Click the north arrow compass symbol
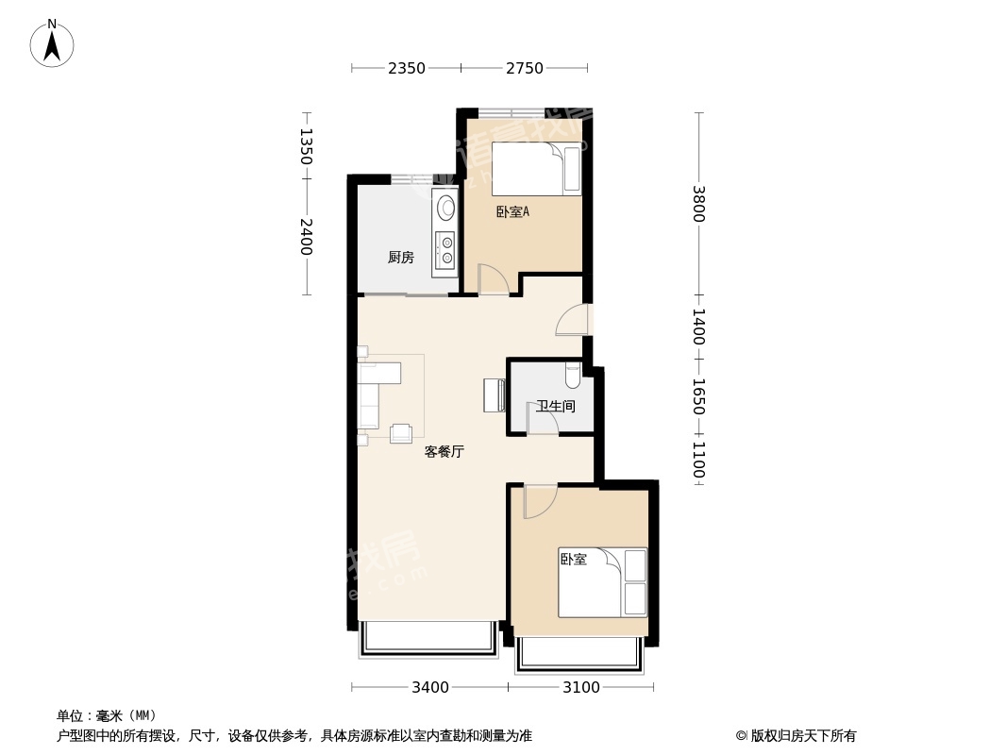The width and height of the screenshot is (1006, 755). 52,43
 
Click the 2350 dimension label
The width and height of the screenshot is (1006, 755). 406,68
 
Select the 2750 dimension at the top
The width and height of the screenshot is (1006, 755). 524,68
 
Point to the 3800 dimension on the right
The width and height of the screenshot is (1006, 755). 698,203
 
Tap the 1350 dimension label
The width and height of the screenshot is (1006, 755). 306,146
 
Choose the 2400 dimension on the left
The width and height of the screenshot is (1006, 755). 306,237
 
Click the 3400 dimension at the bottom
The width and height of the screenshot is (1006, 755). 429,688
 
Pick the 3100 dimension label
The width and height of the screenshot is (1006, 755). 580,688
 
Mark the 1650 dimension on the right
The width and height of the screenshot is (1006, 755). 698,396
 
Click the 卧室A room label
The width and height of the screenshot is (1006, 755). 512,211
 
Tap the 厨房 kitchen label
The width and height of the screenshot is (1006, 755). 401,258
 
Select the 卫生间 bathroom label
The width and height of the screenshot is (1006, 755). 556,406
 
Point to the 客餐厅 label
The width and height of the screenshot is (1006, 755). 444,452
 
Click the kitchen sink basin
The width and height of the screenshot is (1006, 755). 445,208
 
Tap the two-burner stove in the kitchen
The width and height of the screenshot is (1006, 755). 445,249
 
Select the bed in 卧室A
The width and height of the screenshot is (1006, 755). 536,169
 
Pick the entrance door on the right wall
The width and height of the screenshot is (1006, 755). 572,319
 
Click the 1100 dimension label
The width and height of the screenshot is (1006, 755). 698,461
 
